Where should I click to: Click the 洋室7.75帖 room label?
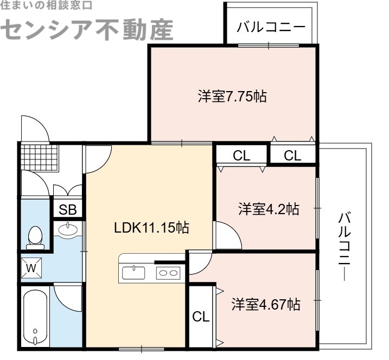point(232,98)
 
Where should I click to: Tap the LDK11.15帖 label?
point(151,228)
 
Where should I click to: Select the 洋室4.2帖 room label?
point(269,209)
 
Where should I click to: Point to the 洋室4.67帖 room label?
point(266,304)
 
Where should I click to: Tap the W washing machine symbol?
point(31,267)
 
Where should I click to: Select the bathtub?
point(35,317)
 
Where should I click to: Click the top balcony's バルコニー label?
point(271,26)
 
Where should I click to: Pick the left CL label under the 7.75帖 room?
point(241,156)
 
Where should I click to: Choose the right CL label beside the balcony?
point(292,156)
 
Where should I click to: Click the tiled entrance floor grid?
point(39,157)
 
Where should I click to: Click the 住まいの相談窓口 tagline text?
point(46,5)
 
